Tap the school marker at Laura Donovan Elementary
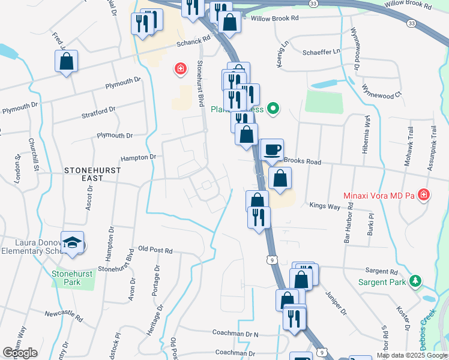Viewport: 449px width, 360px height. point(72,243)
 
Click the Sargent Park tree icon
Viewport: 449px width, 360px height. point(414,281)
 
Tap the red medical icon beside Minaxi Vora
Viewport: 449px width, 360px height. point(424,195)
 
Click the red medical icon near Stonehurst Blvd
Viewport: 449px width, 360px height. point(179,70)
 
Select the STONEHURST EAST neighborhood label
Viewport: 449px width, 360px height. point(92,170)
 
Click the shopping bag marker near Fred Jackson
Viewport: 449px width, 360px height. point(66,61)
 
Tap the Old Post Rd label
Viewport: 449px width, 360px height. point(155,250)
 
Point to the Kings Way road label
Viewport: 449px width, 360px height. point(325,206)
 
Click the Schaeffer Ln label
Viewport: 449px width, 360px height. point(321,52)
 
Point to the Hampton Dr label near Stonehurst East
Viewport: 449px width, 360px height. point(138,157)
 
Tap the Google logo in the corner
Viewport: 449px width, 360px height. point(20,353)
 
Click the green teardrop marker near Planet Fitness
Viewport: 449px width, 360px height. point(274,109)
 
